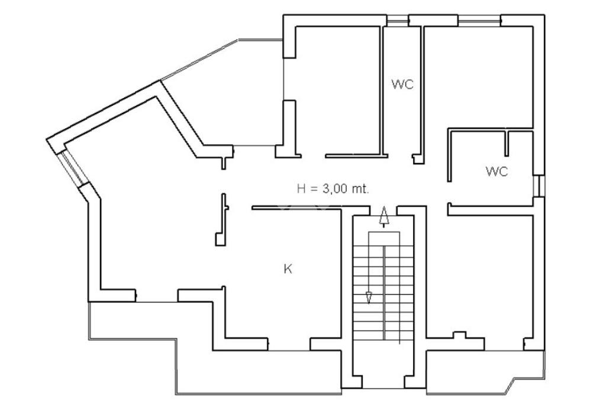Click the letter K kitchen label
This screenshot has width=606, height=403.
(288, 269)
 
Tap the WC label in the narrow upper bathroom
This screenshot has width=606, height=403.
(402, 84)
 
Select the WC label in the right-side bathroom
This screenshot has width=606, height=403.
(497, 171)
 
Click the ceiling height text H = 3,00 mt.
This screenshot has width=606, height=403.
(333, 189)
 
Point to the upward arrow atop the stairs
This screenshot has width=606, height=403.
(383, 216)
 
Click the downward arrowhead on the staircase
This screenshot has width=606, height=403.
(369, 298)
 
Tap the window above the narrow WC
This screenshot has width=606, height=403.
(398, 21)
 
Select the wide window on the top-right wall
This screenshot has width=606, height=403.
(479, 21)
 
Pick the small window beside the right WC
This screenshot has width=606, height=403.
(539, 186)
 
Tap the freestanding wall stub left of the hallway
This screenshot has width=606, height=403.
(222, 220)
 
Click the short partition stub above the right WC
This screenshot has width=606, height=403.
(507, 144)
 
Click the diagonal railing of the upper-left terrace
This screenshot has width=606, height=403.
(199, 60)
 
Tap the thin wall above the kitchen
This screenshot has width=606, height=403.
(297, 208)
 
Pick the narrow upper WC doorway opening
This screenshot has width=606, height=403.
(400, 155)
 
